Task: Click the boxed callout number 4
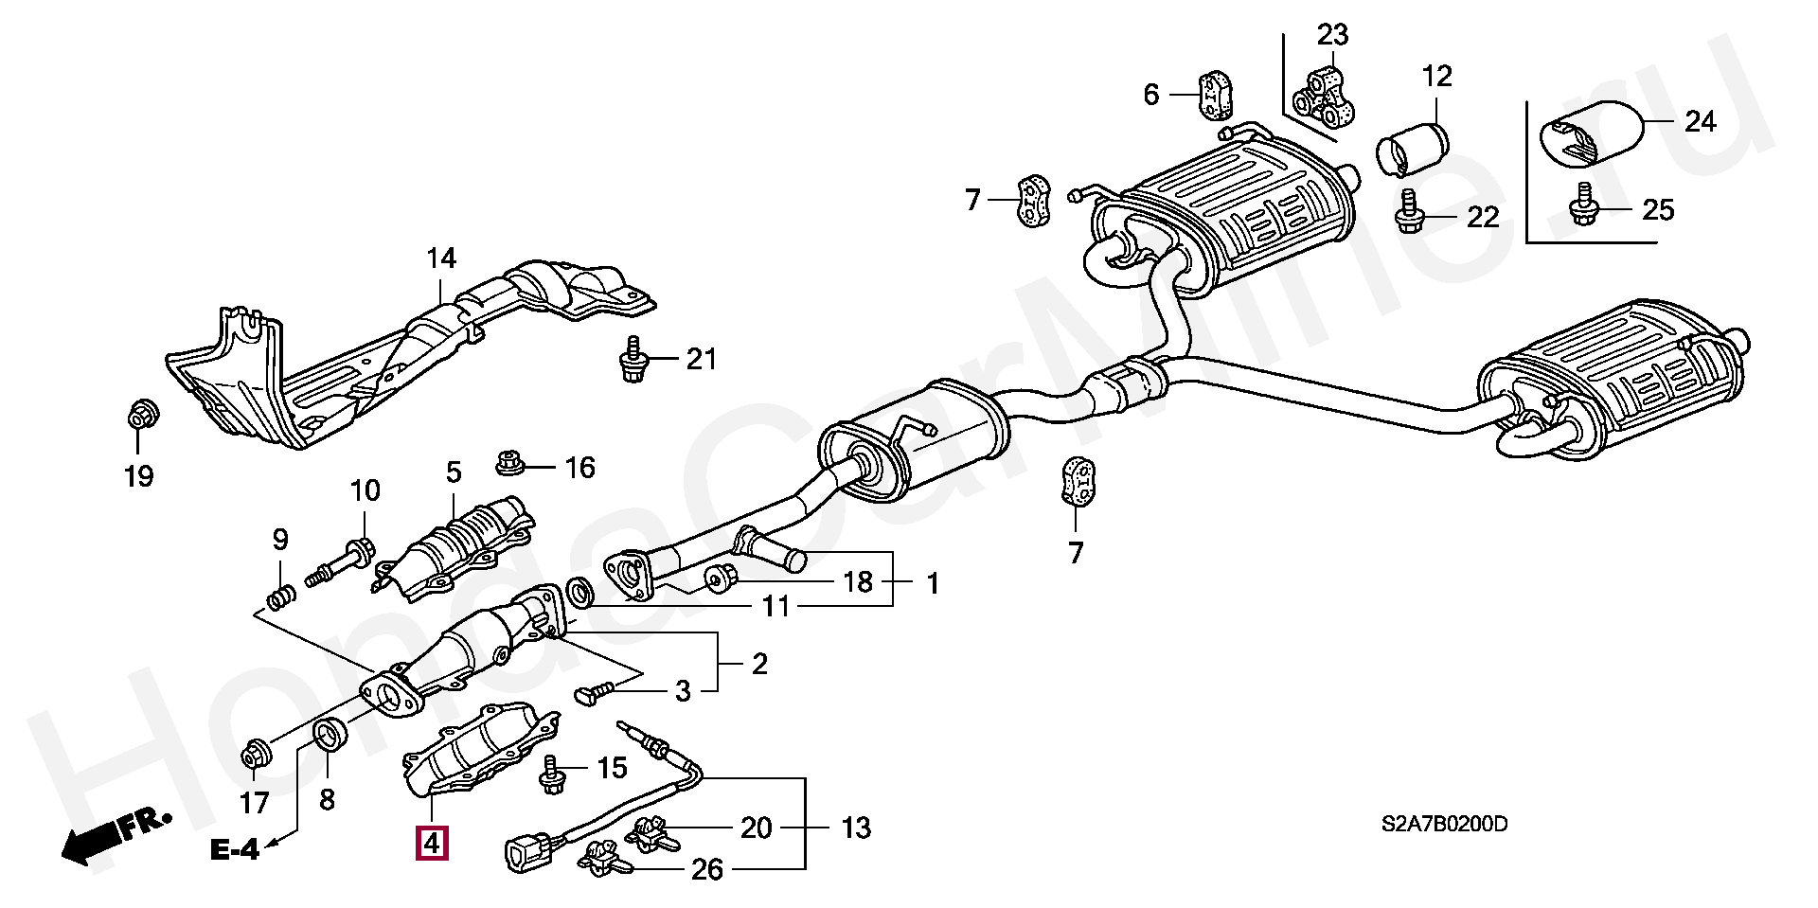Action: pos(431,843)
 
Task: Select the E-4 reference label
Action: pos(234,850)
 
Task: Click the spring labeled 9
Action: pos(280,597)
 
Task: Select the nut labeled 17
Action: pos(255,754)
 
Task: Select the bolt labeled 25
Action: pos(1583,211)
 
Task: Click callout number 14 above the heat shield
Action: pos(441,258)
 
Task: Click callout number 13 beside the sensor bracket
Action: pos(856,828)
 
